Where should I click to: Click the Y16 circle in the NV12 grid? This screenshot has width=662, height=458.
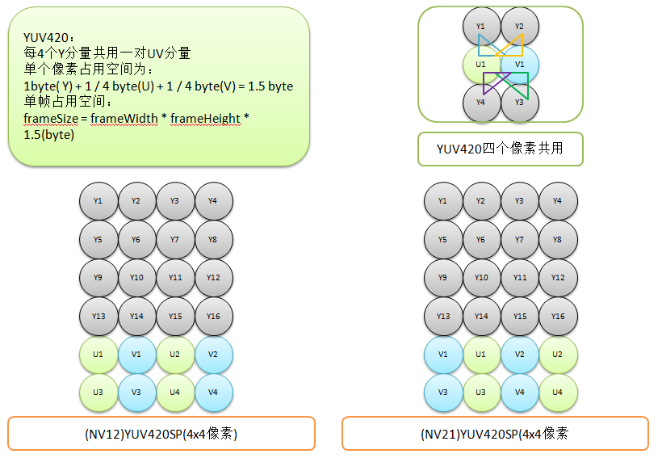(214, 317)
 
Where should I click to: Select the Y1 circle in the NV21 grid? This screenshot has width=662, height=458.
(442, 201)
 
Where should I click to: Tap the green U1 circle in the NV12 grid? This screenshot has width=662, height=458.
(98, 355)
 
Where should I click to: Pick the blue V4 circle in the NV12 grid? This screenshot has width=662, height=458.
(214, 393)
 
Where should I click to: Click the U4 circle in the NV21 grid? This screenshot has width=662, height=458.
(558, 393)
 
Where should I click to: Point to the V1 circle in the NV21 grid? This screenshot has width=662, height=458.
(442, 355)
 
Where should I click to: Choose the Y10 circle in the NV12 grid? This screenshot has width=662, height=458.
(136, 278)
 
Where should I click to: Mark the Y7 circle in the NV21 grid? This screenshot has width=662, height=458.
(519, 240)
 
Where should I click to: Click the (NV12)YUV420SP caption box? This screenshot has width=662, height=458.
(161, 434)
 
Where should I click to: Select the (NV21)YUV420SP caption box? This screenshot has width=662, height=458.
(494, 434)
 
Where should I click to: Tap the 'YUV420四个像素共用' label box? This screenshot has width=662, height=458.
(500, 149)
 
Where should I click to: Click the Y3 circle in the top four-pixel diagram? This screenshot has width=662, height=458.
(519, 103)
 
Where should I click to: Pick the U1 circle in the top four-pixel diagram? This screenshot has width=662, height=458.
(481, 65)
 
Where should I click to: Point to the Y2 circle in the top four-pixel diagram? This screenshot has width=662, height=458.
(519, 27)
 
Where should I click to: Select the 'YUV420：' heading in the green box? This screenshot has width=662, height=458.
(49, 37)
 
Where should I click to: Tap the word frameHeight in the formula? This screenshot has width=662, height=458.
(205, 119)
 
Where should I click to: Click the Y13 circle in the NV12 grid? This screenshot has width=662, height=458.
(98, 317)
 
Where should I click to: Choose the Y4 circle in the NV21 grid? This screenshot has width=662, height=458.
(558, 201)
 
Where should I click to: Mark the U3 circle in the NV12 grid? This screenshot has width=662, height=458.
(98, 393)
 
